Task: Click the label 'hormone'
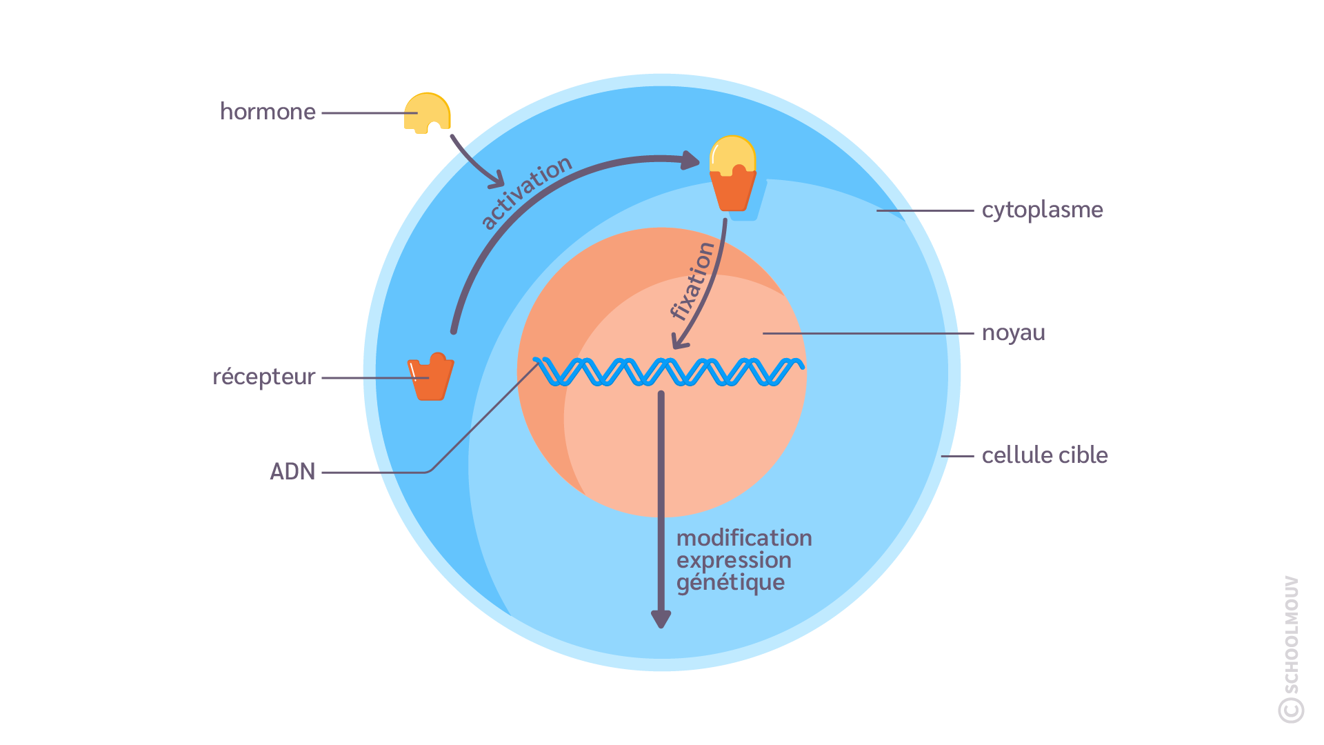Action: click(268, 112)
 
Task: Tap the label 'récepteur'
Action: click(263, 377)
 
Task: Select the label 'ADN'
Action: click(292, 472)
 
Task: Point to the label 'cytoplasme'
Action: click(1042, 210)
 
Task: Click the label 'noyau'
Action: click(1013, 333)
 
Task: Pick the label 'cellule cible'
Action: click(1045, 455)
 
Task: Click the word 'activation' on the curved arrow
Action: click(526, 192)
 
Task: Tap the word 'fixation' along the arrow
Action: click(692, 281)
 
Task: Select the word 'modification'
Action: click(744, 538)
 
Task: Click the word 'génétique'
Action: click(730, 583)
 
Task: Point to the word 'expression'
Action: click(734, 560)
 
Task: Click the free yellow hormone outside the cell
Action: click(427, 112)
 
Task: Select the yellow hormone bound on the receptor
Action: click(732, 155)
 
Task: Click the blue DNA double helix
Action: click(668, 372)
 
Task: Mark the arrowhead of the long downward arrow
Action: click(661, 619)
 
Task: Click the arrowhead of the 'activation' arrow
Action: click(690, 160)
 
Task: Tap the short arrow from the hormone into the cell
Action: click(475, 163)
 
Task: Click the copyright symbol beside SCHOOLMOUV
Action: click(1291, 710)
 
